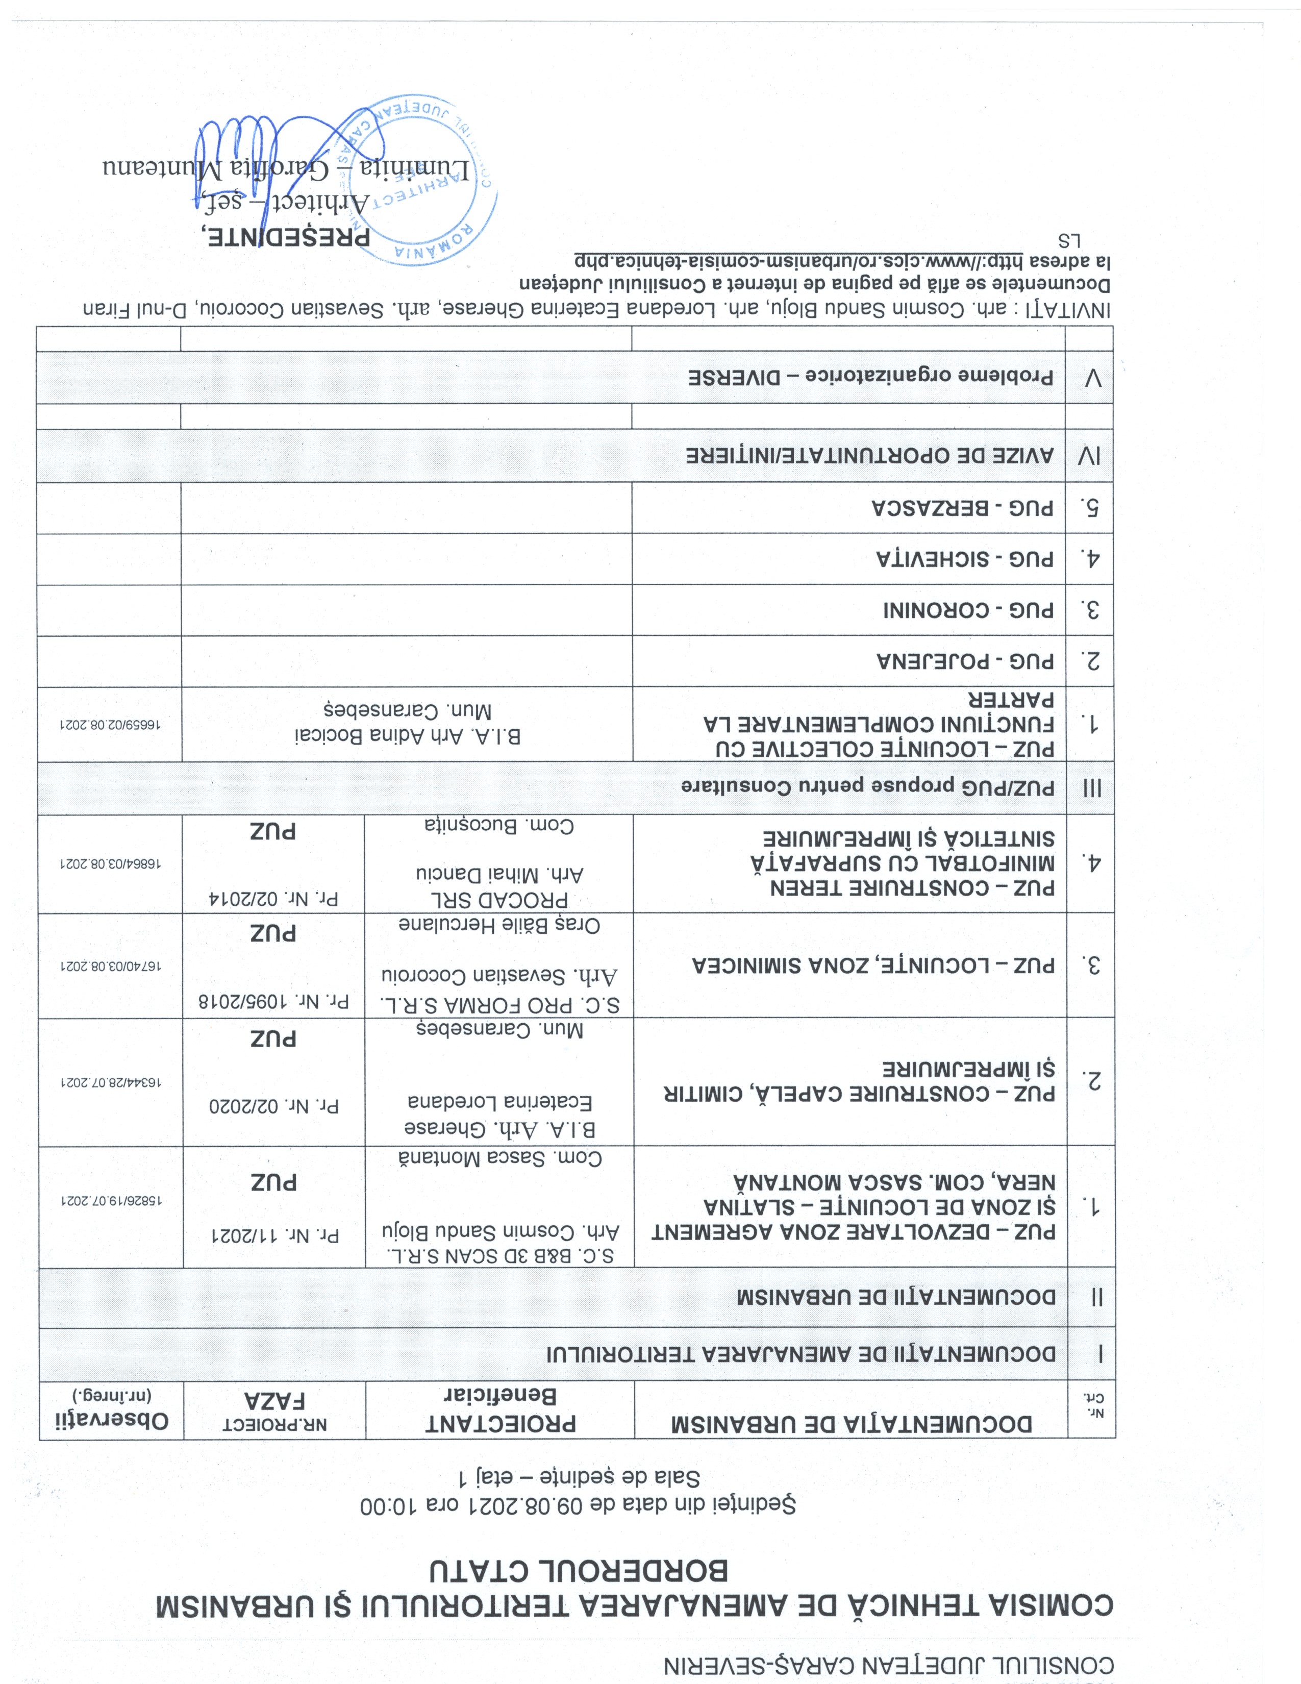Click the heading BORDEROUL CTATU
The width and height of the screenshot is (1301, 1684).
click(x=578, y=1571)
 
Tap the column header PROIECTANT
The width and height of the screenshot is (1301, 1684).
click(x=501, y=1423)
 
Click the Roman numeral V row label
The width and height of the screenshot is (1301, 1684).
click(x=1093, y=378)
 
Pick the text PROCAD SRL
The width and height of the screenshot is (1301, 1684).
click(x=499, y=900)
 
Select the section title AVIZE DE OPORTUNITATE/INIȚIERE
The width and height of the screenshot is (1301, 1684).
click(x=869, y=456)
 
